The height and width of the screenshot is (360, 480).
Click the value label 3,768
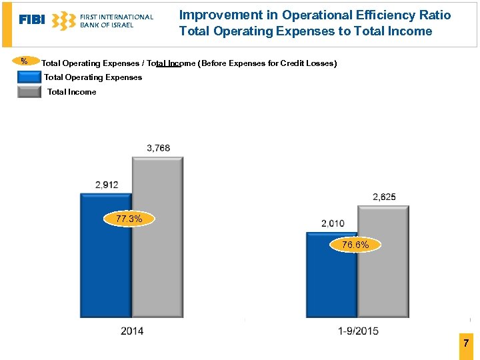pos(158,148)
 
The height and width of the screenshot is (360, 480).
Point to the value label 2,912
pos(107,185)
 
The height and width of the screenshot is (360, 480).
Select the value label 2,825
pos(384,197)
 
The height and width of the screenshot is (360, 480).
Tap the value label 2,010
pos(333,223)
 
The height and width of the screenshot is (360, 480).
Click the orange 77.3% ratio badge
pos(129,219)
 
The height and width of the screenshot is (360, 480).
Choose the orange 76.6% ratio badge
pos(355,245)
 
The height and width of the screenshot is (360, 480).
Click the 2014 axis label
pos(132,331)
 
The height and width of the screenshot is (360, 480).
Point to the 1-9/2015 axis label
pos(358,331)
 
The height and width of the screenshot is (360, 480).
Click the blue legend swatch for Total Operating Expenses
pos(29,77)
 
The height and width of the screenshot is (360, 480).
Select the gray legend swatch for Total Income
pos(29,92)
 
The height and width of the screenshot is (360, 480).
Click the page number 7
pos(466,344)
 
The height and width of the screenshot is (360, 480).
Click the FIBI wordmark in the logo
pos(32,20)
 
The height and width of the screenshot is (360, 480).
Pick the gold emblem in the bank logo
pos(63,21)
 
